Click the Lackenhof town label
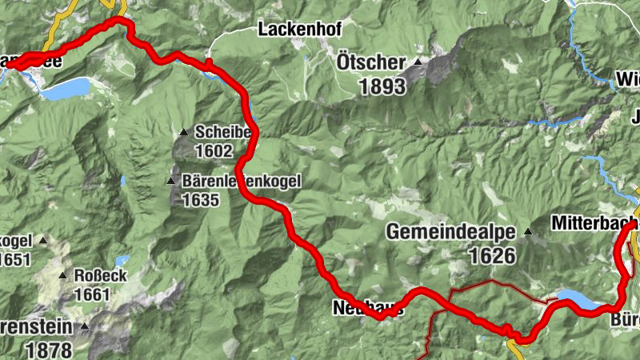click(300, 30)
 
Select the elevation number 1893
click(383, 86)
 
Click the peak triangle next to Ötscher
click(418, 62)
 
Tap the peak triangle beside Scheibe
click(183, 133)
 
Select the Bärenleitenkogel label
click(241, 182)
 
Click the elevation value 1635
click(200, 200)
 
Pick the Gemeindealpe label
click(450, 233)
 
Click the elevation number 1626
click(486, 256)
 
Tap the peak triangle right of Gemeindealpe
click(527, 233)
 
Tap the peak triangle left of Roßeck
click(62, 276)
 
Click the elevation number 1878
click(48, 349)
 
